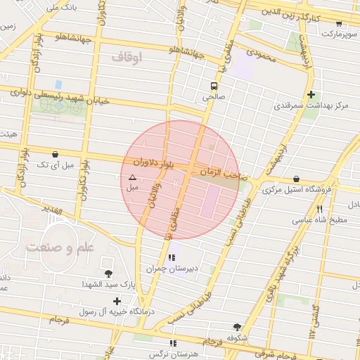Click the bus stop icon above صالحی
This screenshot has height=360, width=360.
(213, 86)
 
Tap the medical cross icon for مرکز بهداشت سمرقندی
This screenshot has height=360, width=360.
(311, 94)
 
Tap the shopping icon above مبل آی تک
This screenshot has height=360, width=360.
(56, 154)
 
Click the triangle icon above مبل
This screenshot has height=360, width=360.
(132, 177)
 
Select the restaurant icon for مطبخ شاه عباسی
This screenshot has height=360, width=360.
(320, 209)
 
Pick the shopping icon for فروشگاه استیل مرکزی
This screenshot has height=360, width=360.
(296, 179)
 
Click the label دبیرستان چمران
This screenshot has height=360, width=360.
(166, 268)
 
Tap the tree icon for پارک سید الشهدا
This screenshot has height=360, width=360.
(108, 274)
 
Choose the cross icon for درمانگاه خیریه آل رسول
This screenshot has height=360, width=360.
(117, 301)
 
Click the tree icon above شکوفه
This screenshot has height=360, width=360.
(236, 327)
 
